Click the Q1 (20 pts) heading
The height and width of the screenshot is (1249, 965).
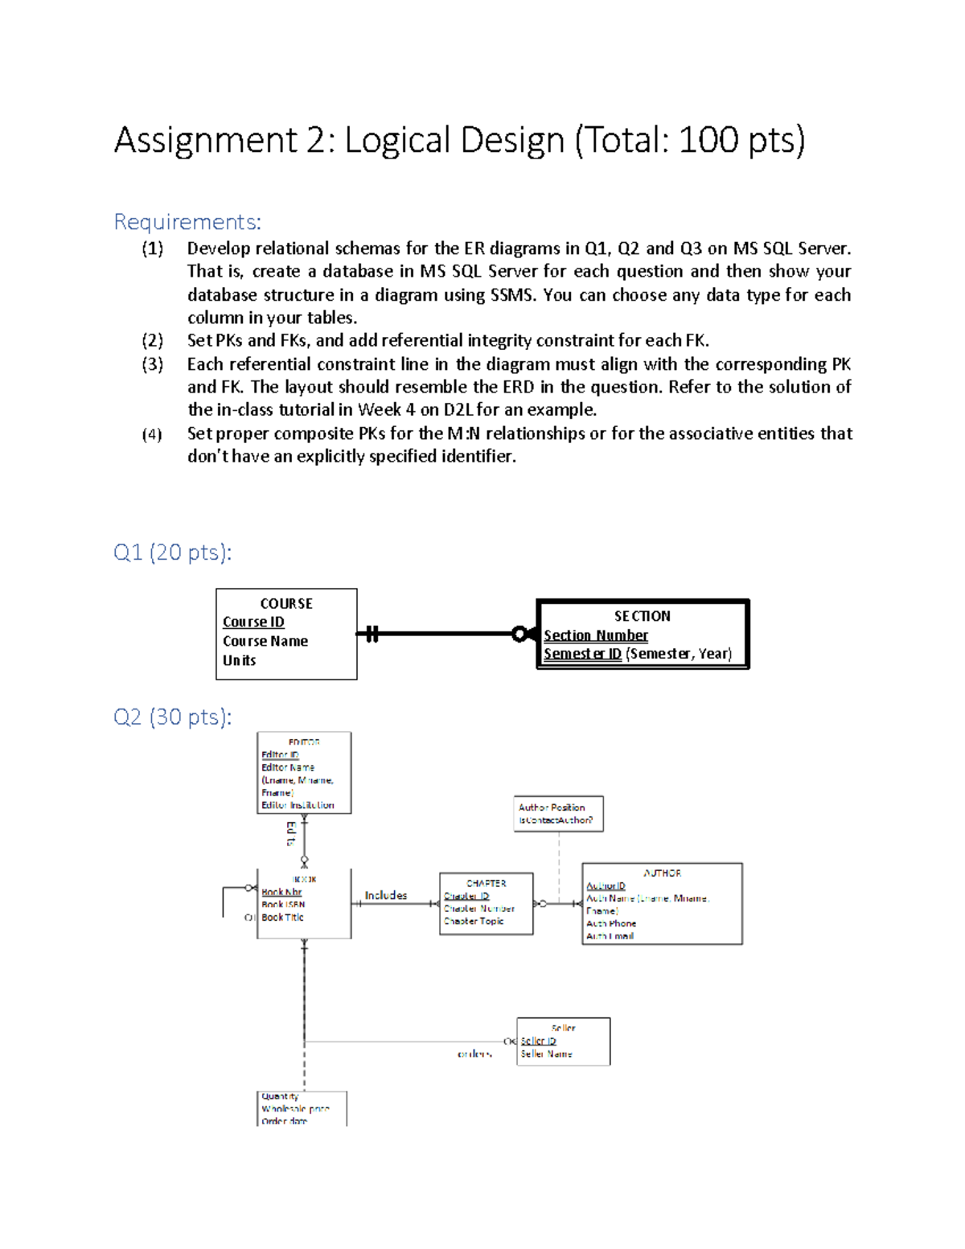click(x=172, y=553)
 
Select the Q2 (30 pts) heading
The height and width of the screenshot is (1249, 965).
click(x=172, y=717)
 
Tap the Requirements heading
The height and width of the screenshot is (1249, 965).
click(x=187, y=221)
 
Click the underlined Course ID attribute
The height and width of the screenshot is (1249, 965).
click(x=253, y=622)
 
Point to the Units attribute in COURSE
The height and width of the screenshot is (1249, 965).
click(x=239, y=660)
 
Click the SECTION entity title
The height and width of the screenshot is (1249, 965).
click(x=642, y=616)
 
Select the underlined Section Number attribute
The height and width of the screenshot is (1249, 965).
click(x=595, y=635)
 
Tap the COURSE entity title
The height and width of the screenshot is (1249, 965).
click(x=286, y=603)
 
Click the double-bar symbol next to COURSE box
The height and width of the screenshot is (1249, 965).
click(x=372, y=634)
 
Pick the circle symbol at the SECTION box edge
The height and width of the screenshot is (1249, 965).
click(x=519, y=635)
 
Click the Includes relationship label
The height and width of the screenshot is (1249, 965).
click(x=386, y=895)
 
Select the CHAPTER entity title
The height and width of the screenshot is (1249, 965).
click(x=487, y=883)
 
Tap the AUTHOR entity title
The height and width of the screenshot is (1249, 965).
click(x=662, y=873)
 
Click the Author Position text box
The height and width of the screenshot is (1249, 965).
click(x=558, y=813)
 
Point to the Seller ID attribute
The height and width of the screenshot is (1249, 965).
click(x=538, y=1041)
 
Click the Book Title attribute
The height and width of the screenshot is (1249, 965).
click(x=282, y=917)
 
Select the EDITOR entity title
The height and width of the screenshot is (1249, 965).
click(x=304, y=742)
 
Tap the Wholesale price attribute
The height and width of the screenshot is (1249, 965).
click(x=295, y=1108)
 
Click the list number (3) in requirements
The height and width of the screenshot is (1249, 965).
click(x=152, y=364)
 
